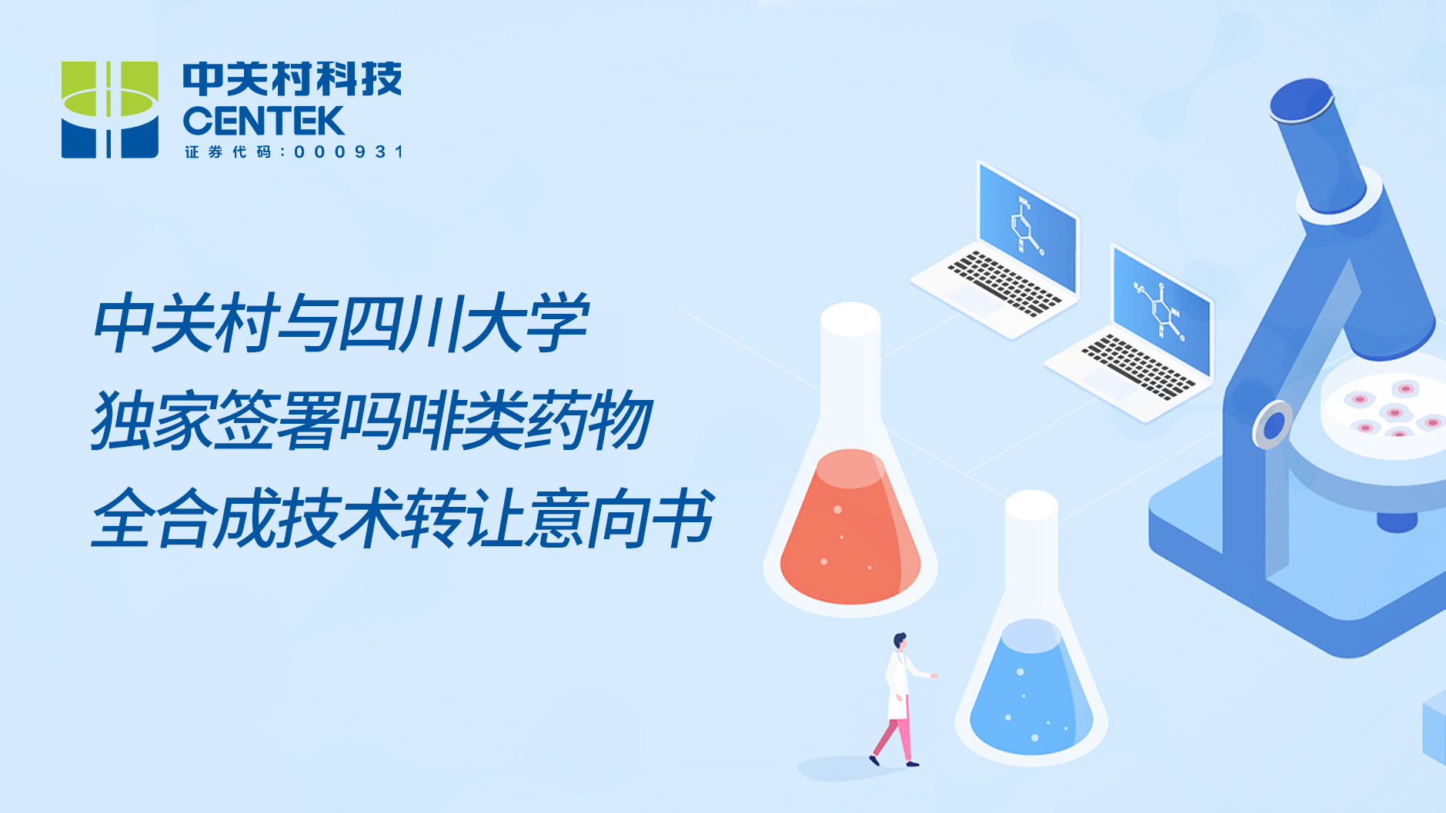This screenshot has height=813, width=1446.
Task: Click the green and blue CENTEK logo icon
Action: [x=110, y=110]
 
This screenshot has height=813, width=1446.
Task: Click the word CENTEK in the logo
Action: [x=263, y=122]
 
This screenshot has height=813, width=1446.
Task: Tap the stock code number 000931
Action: [x=349, y=152]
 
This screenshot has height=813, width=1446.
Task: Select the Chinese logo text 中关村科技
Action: [x=292, y=79]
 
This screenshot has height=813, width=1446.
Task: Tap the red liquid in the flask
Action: [x=850, y=528]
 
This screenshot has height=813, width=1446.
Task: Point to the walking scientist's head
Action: [x=900, y=641]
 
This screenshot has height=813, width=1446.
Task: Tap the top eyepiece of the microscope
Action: [x=1302, y=101]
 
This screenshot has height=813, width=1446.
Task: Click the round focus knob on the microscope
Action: [x=1273, y=424]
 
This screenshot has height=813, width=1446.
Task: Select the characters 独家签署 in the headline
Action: [x=215, y=420]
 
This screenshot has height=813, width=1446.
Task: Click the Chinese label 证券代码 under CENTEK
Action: [x=229, y=152]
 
